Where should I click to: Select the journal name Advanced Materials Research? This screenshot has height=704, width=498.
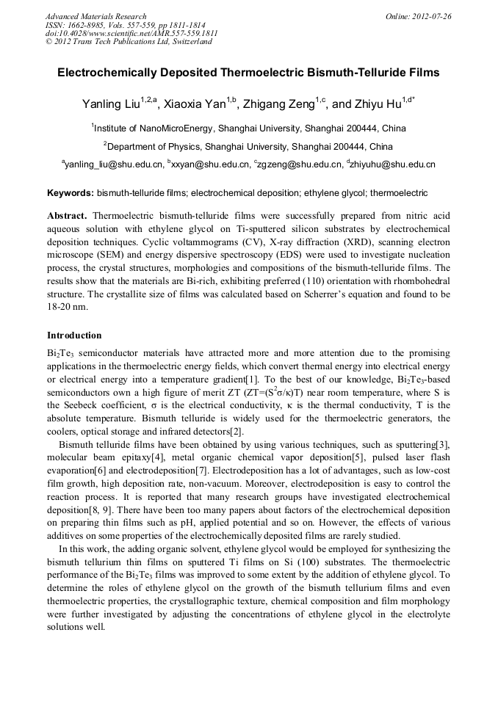[96, 16]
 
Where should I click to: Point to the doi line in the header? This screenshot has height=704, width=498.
[131, 34]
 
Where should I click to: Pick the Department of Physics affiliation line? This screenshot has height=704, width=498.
[248, 146]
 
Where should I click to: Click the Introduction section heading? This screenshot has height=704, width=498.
[74, 335]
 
